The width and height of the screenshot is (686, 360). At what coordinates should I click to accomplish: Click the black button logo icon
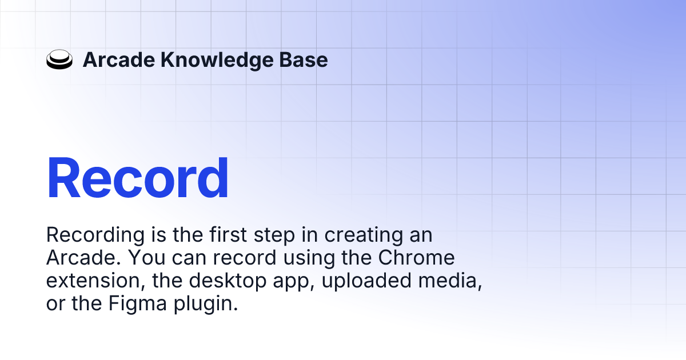[59, 60]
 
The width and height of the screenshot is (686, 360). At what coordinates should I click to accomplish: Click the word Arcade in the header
[118, 60]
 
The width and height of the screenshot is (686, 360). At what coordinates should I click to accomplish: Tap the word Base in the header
[307, 60]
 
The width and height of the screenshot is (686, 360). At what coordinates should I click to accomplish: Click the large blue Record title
[137, 178]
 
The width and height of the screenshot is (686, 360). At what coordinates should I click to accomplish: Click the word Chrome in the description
[417, 258]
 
